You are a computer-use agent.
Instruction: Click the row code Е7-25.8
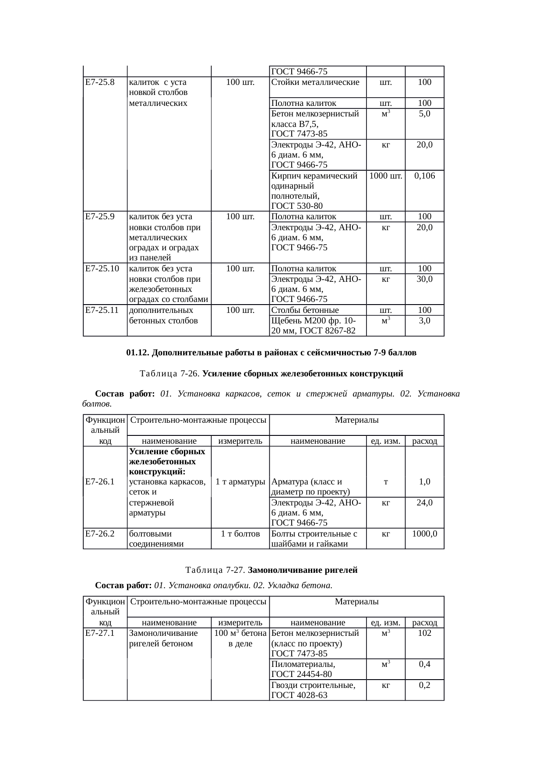tap(100, 82)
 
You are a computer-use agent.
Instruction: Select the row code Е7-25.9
tap(100, 217)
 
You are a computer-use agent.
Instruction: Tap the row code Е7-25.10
tap(102, 269)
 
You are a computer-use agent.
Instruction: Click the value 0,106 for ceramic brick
tap(424, 176)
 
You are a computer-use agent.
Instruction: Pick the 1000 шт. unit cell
tap(386, 176)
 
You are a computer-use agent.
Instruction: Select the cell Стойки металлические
tap(315, 82)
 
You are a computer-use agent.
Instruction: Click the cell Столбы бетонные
tap(305, 311)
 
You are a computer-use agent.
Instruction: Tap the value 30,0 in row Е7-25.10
tap(424, 279)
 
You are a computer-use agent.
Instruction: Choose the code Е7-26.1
tap(100, 482)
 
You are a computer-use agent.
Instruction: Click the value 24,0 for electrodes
tap(424, 503)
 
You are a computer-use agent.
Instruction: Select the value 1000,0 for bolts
tap(424, 534)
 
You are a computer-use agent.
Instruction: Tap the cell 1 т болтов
tap(240, 534)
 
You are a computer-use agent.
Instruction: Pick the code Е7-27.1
tap(100, 633)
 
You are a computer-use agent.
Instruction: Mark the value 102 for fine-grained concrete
tap(424, 633)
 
